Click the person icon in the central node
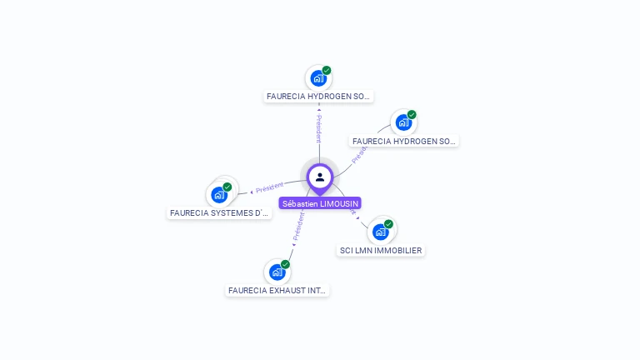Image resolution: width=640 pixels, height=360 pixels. click(x=320, y=177)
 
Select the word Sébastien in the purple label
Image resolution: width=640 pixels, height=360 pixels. click(x=300, y=203)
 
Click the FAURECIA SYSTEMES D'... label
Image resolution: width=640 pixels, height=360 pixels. click(x=220, y=212)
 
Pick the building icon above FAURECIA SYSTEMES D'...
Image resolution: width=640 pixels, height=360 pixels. click(x=218, y=195)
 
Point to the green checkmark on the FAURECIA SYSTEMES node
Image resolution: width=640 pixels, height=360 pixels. click(x=227, y=187)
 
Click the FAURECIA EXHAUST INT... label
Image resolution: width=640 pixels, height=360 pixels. click(x=277, y=291)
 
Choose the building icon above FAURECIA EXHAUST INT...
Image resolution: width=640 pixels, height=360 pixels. click(x=277, y=272)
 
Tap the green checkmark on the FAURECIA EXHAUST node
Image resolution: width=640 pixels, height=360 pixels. click(x=285, y=264)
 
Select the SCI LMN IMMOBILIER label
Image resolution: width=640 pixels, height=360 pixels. click(x=381, y=250)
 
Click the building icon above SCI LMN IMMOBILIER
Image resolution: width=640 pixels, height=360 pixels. click(x=380, y=232)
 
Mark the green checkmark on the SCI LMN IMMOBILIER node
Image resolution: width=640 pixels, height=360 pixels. click(x=388, y=224)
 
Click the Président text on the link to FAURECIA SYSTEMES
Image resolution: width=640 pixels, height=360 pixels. click(x=270, y=187)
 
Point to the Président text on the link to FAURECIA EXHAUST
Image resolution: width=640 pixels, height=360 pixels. click(x=297, y=226)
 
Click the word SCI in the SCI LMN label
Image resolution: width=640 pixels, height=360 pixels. click(x=346, y=250)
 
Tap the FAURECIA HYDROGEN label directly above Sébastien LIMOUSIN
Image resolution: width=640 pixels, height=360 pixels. click(x=318, y=97)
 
